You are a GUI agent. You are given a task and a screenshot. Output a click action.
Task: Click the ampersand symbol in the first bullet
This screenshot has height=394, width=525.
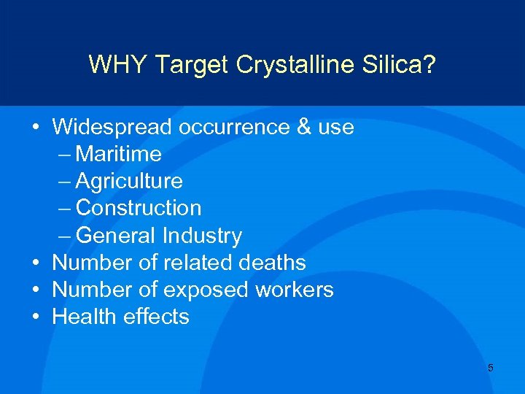tap(304, 128)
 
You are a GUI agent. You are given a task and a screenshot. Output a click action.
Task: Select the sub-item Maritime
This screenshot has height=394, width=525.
tap(118, 155)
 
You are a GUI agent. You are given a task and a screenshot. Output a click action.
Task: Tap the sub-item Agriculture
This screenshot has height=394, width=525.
tap(129, 182)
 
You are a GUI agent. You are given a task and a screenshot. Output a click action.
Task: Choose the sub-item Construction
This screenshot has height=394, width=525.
tap(139, 208)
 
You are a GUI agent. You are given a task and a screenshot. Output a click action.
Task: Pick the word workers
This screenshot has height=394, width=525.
tap(295, 290)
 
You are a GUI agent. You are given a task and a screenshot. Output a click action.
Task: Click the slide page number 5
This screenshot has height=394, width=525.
tap(490, 368)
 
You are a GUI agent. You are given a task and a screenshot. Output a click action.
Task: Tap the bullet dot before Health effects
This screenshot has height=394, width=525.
tap(36, 317)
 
